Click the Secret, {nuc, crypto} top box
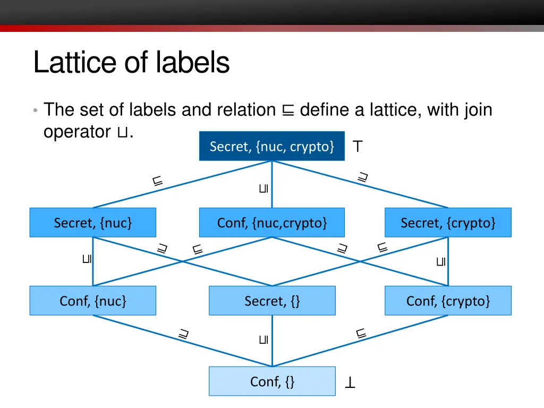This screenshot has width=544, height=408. pos(271,146)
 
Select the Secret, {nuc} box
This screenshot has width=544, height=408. pos(92,223)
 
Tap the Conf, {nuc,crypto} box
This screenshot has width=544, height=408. pos(271,223)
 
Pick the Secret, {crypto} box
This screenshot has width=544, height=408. pos(448,223)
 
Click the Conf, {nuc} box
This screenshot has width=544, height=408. pos(92,301)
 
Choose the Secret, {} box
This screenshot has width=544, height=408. pos(271,301)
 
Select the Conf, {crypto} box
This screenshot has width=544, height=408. pos(448,301)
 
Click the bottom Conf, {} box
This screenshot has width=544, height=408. pos(271,381)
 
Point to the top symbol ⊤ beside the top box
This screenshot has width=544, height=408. pos(358,147)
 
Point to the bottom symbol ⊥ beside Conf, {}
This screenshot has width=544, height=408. pos(350,382)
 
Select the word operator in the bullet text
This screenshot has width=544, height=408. pos(76,132)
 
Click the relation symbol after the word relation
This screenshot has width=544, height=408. pos(287,110)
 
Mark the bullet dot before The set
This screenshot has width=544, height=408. pos(35,110)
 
